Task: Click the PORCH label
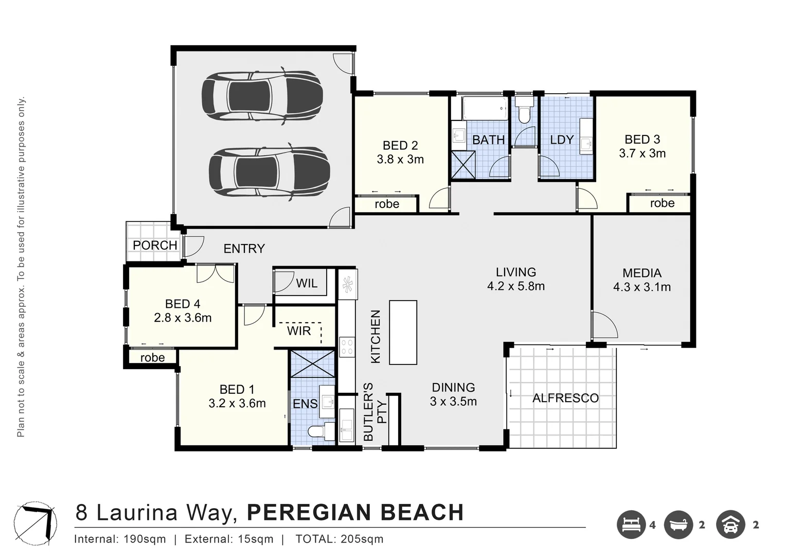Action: pos(155,246)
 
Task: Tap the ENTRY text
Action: pos(244,249)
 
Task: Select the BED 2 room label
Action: pos(400,146)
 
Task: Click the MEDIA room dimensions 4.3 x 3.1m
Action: pos(641,287)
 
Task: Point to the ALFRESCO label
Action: pos(565,398)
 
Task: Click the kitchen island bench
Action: pos(403,332)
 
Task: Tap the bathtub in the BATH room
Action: pos(484,109)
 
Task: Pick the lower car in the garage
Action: pos(269,171)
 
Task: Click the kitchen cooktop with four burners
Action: pos(347,346)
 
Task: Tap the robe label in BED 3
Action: pos(662,203)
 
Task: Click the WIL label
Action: pos(307,283)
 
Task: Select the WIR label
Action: pos(299,331)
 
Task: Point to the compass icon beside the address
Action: pos(37,520)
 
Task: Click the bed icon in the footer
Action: pos(631,525)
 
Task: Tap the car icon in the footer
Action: pos(730,525)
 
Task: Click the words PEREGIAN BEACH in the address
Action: pos(355,513)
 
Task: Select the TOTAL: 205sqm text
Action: pos(339,539)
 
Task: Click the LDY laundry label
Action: pos(561,140)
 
